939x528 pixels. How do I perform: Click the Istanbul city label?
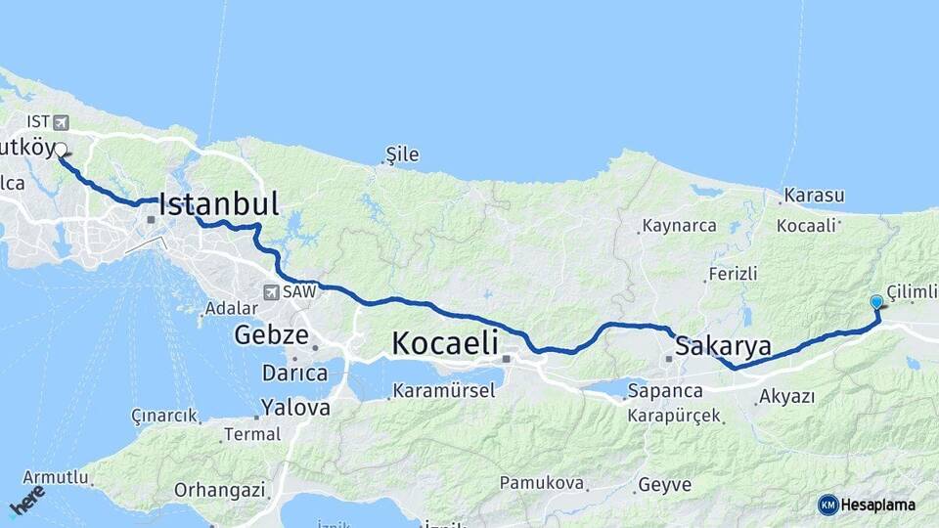point(218,203)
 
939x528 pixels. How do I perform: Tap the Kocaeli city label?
point(445,343)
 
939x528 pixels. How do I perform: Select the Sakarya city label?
point(723,346)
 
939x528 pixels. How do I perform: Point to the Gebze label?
point(271,335)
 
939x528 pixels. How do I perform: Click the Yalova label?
point(295,408)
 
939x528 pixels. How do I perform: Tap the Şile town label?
point(402,154)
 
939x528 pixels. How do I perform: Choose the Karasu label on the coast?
point(814,195)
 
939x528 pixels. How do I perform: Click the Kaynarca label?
point(679,226)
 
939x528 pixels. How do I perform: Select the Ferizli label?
point(733,274)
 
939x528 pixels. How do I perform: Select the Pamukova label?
point(542,483)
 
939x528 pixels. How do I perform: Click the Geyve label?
point(664,484)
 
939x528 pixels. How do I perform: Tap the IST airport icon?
point(63,122)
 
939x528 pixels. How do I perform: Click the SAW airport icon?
point(269,291)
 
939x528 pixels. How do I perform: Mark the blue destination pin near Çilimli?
point(876,303)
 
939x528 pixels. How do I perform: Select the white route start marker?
point(61,150)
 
